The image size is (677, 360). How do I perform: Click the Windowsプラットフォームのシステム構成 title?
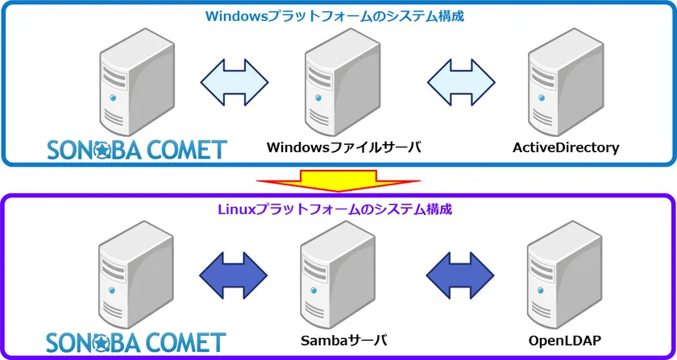[335, 16]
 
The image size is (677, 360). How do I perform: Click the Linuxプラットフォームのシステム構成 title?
[335, 209]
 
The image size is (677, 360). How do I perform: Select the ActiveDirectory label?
[566, 148]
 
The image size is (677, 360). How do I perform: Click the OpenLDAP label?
[566, 341]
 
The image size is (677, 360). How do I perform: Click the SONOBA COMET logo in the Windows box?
[136, 148]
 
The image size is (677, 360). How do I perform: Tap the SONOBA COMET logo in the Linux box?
[136, 341]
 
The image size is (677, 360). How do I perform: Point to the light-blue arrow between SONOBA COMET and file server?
[234, 80]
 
